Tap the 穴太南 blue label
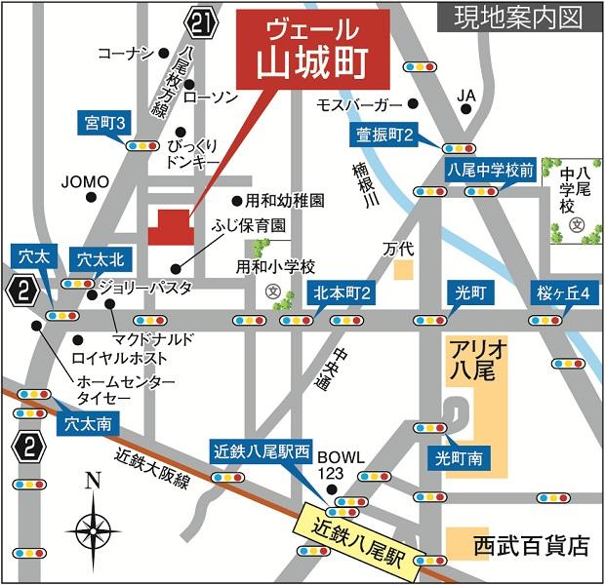click(x=88, y=424)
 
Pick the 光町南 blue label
click(x=459, y=456)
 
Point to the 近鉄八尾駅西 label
click(x=261, y=452)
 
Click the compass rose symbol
click(x=93, y=526)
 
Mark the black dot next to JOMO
click(x=92, y=197)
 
